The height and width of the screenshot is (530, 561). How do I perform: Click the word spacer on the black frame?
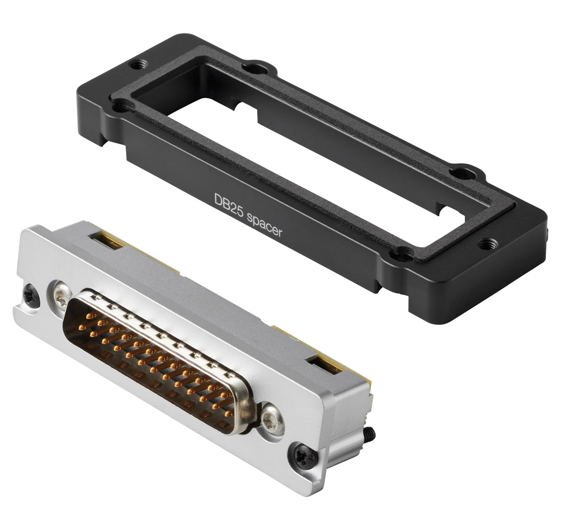pyautogui.click(x=265, y=226)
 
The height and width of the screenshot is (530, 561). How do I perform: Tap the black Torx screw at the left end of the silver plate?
pyautogui.click(x=30, y=296)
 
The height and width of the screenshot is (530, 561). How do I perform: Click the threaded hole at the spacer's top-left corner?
pyautogui.click(x=138, y=65)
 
